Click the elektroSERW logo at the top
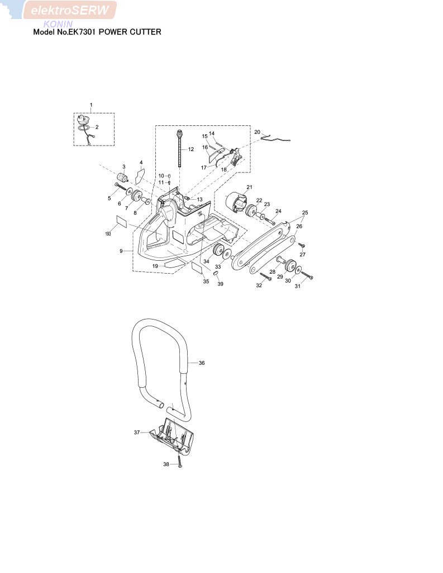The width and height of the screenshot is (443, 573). (70, 10)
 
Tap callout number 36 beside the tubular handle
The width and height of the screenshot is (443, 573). (202, 363)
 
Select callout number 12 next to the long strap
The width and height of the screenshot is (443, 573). (191, 149)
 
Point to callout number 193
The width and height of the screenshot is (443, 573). (108, 233)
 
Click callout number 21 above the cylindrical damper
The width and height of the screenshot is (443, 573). (249, 187)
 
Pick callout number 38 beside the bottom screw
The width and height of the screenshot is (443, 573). (166, 464)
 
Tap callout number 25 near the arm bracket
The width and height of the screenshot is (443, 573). (305, 212)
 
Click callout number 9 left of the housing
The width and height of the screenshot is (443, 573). (121, 251)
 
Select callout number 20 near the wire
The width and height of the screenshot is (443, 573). (258, 132)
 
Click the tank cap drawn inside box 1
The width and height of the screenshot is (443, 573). (84, 119)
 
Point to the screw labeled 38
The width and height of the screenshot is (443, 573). (180, 461)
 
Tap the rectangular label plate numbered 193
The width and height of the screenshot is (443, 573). (121, 222)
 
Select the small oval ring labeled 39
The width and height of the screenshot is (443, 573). (216, 273)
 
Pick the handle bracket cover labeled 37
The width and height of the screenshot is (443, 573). (172, 437)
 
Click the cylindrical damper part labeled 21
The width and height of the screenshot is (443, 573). (236, 202)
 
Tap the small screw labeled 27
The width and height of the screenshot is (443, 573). (302, 245)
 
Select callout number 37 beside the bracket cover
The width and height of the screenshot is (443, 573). (136, 433)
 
